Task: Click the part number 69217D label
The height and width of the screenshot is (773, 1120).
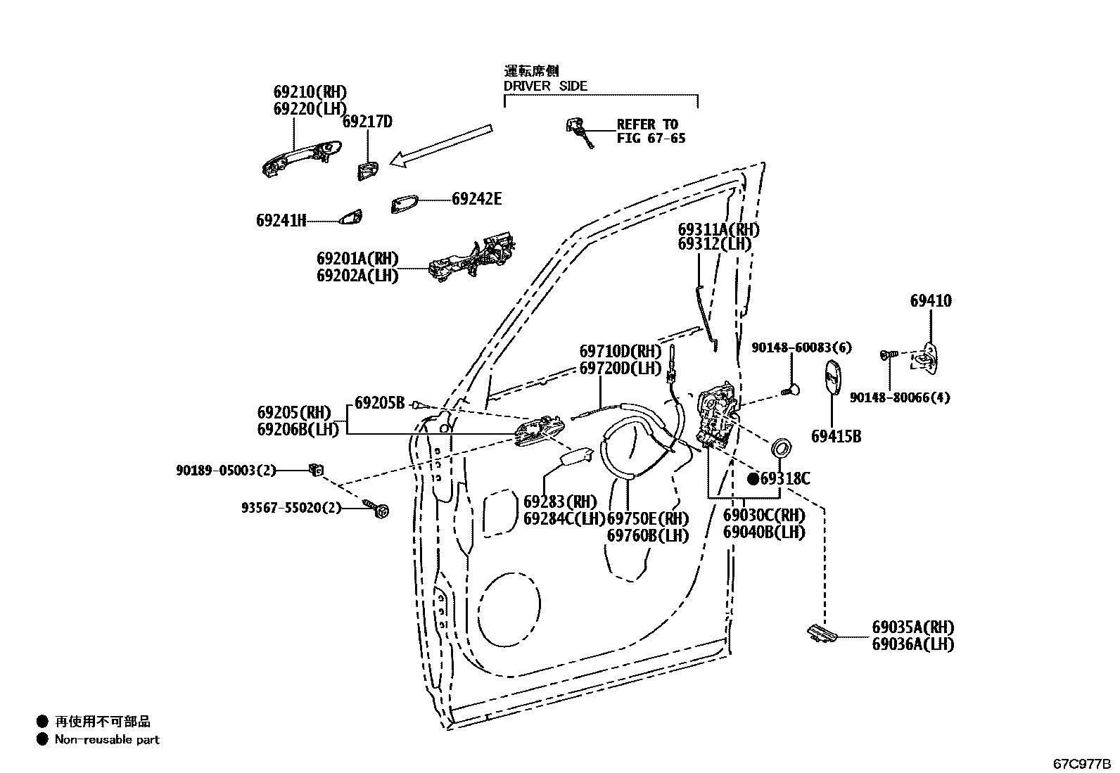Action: coord(367,122)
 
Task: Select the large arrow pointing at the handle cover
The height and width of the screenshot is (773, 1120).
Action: coord(441,146)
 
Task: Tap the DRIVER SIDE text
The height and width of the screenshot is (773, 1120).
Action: coord(545,86)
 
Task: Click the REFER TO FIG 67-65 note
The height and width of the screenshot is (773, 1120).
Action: coord(651,132)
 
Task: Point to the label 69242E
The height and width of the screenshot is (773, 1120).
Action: coord(476,199)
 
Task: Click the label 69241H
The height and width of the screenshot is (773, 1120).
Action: coord(281,221)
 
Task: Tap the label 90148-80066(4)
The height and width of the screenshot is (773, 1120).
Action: coord(899,397)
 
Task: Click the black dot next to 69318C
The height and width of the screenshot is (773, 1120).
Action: coord(753,479)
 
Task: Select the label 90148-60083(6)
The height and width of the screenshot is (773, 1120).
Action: coord(801,347)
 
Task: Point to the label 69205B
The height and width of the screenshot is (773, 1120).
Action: coord(379,403)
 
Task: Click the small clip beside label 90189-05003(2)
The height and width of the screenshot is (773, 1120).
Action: coord(315,469)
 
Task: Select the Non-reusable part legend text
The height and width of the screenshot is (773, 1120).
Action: coord(107,739)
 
